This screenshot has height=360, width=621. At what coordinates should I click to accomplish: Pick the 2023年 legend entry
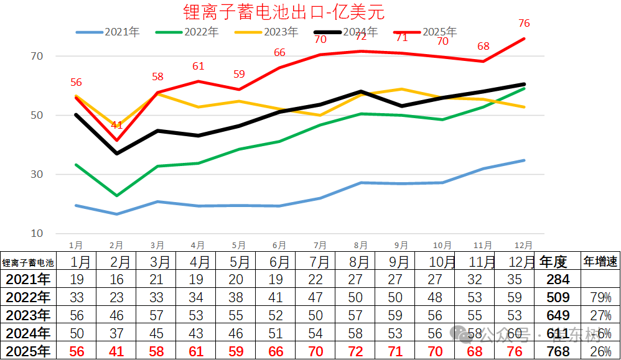tap(267, 32)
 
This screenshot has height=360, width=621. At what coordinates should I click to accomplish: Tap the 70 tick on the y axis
tap(37, 56)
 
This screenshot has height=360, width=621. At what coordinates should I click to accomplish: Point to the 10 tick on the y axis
tap(37, 233)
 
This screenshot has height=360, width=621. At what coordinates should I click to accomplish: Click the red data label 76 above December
tap(524, 24)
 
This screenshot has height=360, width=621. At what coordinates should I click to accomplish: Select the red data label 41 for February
tap(117, 126)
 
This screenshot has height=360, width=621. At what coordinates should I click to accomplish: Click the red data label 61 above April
tap(198, 67)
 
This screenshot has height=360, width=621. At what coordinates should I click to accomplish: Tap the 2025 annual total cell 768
tap(557, 351)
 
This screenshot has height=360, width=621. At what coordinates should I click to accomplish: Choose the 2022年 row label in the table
tap(26, 297)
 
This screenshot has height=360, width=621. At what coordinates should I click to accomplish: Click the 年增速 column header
tap(600, 262)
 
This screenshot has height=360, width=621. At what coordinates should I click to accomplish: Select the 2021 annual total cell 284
tap(557, 279)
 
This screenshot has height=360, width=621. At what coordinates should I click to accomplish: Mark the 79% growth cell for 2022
tap(600, 297)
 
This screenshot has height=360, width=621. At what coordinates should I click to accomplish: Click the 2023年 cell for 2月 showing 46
tap(118, 315)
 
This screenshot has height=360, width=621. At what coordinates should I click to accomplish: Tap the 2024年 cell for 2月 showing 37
tap(118, 333)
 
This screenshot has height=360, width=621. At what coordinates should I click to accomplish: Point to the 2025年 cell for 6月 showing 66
tap(279, 351)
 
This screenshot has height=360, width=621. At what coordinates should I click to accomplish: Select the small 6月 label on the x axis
tap(279, 246)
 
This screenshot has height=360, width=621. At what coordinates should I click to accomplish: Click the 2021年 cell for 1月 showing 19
tap(77, 279)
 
